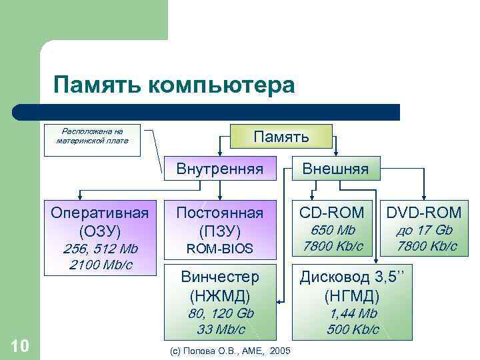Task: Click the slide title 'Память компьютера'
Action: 174,85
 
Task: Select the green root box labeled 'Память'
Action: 283,137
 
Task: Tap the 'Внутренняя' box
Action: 219,169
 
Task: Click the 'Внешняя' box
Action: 335,169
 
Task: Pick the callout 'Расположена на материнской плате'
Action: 92,136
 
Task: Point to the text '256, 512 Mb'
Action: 100,249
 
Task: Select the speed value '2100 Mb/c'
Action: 100,265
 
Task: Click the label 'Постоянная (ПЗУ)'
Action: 219,222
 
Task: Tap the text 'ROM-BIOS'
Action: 219,249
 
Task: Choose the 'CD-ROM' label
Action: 332,213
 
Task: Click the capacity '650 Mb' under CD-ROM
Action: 332,231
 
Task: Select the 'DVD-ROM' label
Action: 424,213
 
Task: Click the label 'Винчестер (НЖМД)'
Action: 219,285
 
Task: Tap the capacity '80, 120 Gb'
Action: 219,313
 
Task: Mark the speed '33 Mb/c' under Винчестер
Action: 219,329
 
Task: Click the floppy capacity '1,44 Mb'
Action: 352,313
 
